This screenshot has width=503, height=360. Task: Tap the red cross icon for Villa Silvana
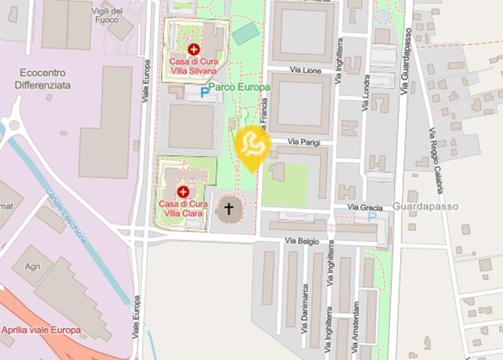[x=194, y=49]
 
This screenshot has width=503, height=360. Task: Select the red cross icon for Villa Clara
[x=183, y=192]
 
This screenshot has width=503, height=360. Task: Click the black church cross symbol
[x=229, y=208]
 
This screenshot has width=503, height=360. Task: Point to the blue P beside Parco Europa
[x=204, y=92]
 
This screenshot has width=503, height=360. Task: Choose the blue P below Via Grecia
[x=372, y=217]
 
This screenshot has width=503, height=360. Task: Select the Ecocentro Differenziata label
[x=43, y=79]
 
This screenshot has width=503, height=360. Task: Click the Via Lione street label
[x=306, y=70]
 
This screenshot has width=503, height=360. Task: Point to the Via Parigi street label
[x=304, y=142]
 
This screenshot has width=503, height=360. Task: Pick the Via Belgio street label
[x=302, y=241]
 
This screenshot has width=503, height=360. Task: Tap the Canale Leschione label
[x=66, y=216]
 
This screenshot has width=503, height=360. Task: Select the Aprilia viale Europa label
[x=41, y=330]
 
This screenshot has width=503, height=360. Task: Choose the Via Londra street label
[x=367, y=93]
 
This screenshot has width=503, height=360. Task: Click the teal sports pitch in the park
[x=246, y=34]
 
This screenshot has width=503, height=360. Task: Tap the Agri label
[x=33, y=266]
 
